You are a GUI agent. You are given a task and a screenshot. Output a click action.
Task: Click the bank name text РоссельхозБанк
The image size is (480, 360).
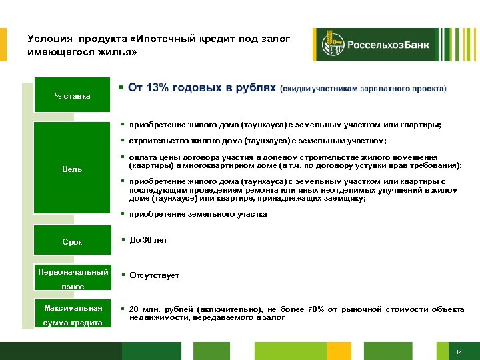[386, 45]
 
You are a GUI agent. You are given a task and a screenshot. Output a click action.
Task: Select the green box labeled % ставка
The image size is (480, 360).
[73, 96]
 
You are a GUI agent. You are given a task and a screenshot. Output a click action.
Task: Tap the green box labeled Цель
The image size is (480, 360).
[73, 169]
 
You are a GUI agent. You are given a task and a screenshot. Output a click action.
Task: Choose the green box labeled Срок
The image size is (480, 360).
[73, 242]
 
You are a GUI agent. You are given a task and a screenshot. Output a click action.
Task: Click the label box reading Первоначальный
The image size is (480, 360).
[73, 272]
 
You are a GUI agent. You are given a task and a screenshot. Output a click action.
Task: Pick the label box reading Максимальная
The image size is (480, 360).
[73, 308]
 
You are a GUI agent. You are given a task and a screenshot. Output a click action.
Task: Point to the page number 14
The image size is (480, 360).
[459, 352]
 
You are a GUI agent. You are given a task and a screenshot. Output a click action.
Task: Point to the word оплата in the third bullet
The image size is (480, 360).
[141, 157]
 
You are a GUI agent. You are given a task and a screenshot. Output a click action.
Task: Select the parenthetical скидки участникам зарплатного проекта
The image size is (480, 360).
[363, 89]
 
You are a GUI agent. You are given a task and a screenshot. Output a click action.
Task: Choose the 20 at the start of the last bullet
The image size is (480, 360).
[134, 310]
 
